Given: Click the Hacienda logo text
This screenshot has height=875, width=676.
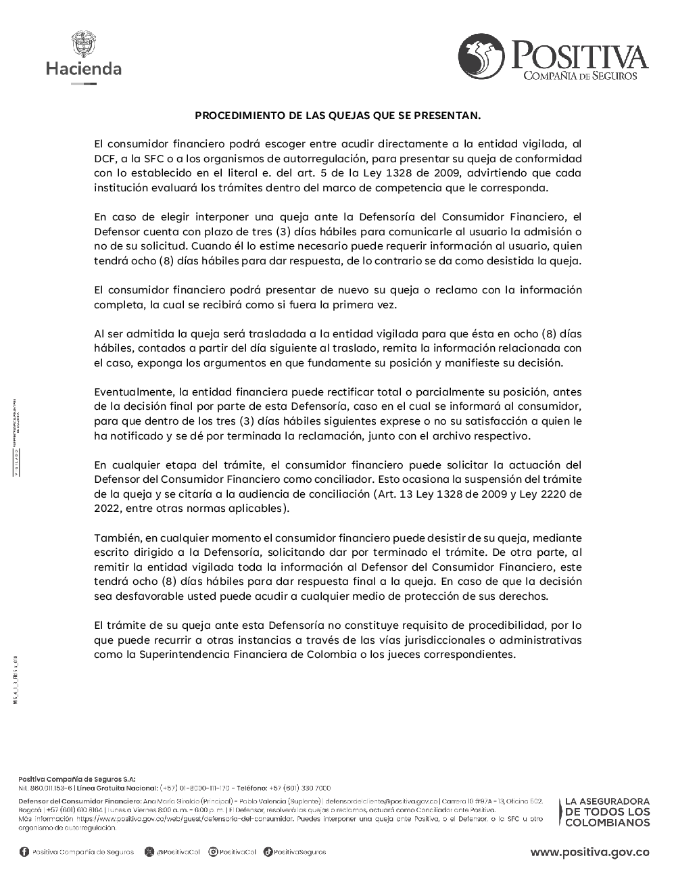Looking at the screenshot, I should point(84,68).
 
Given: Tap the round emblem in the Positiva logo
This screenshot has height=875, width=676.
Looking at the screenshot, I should point(481,57).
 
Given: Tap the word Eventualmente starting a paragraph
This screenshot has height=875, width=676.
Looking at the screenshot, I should point(132,392).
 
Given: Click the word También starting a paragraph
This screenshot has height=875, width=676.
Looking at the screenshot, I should point(116,538).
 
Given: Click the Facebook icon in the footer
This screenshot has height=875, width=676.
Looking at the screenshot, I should point(24,852).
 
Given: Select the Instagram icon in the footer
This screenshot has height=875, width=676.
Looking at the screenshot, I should point(213,852).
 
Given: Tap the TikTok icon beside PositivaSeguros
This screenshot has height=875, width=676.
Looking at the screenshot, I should point(268,852).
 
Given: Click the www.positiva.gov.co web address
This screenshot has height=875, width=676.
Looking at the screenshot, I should point(589,852).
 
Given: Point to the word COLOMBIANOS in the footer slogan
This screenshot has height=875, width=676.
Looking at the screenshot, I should point(607,823).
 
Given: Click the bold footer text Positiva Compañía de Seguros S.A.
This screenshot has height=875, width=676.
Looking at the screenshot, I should point(76,779).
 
